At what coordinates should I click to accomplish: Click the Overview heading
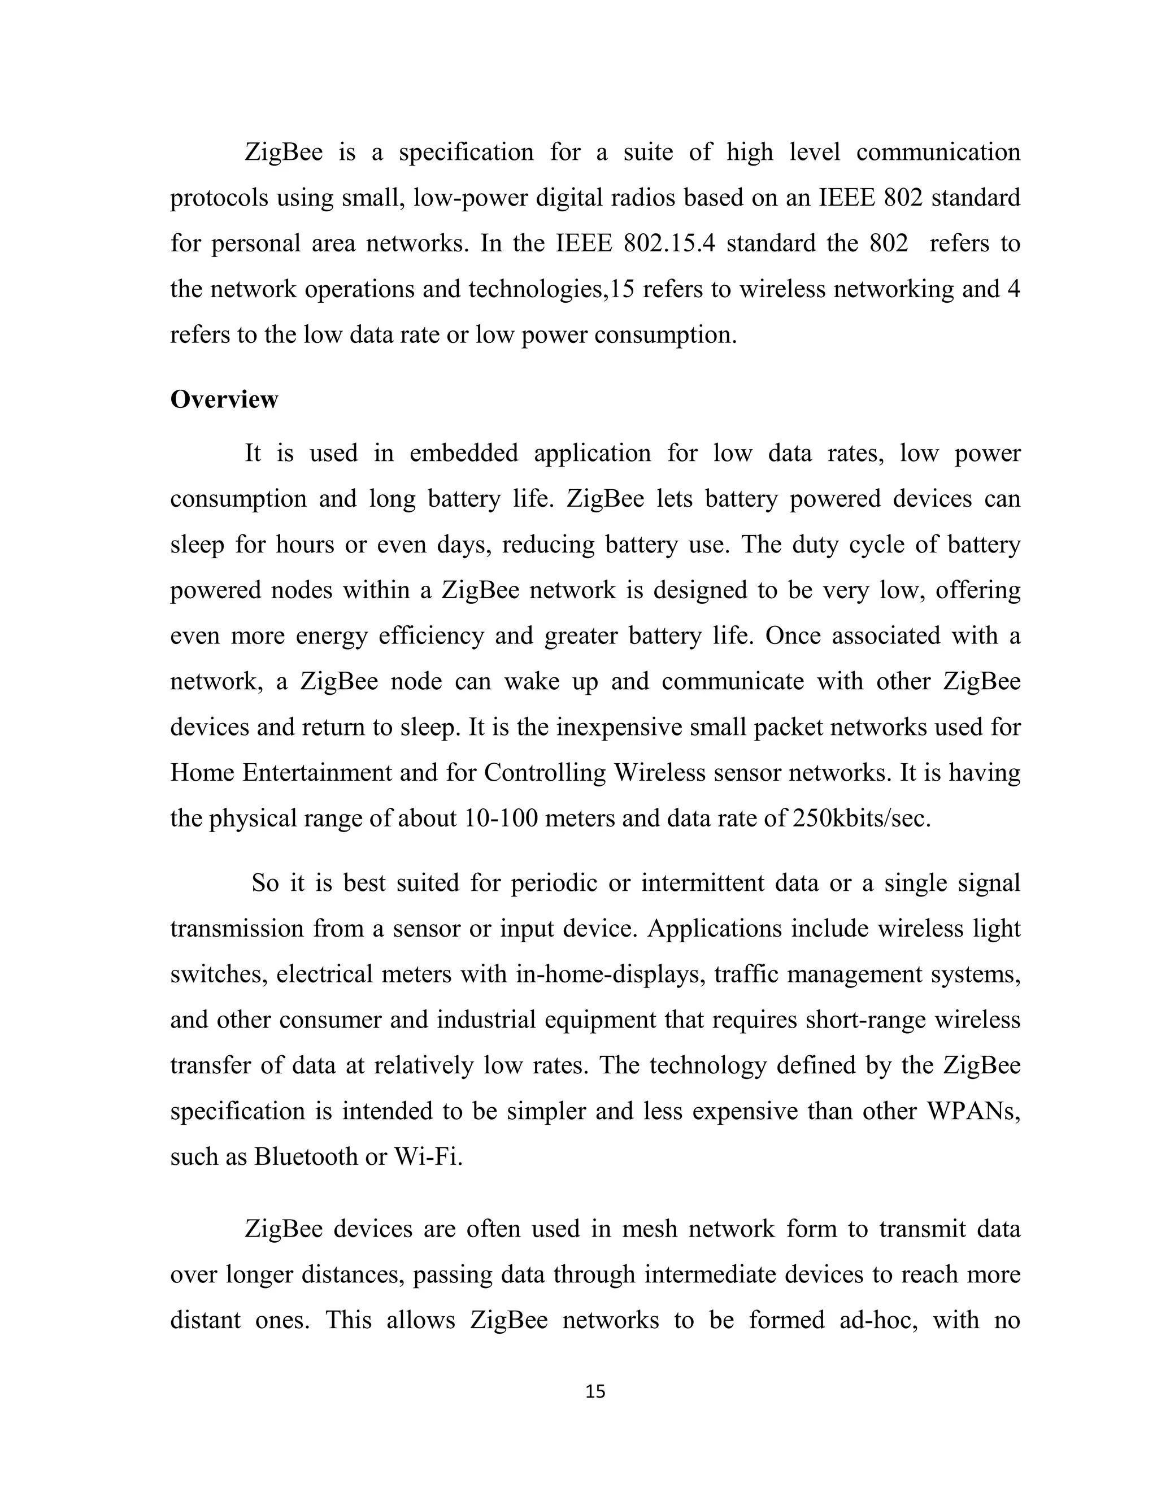coord(224,399)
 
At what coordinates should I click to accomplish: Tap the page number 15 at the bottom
coord(595,1391)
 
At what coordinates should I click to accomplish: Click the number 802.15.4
coord(669,243)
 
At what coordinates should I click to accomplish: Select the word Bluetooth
coord(306,1156)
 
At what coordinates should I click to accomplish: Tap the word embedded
coord(464,453)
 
